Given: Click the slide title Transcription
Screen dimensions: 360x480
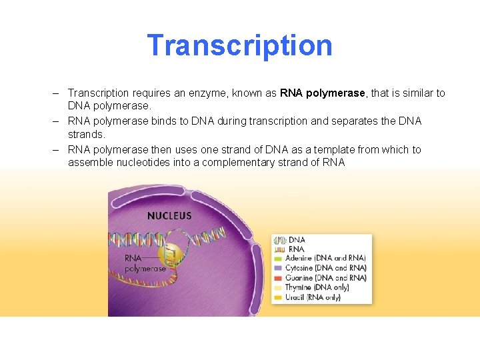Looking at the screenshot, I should (x=239, y=45).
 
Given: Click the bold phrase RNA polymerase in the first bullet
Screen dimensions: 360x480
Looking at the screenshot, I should (x=323, y=93).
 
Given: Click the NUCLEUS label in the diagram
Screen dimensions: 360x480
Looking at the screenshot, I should (x=169, y=215).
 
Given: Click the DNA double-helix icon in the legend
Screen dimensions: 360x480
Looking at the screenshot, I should (x=279, y=239).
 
